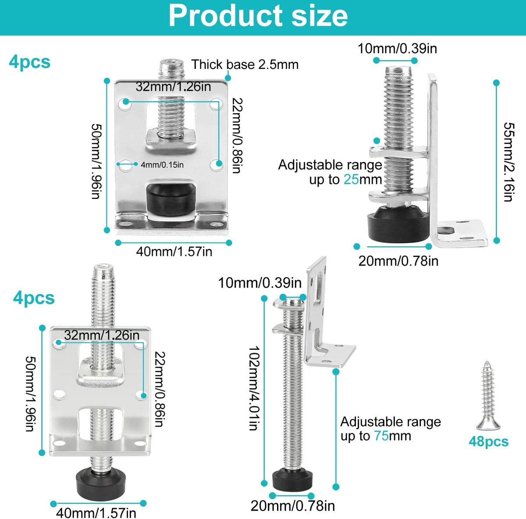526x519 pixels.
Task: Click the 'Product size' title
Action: [x=258, y=16]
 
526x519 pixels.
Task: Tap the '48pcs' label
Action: [x=489, y=442]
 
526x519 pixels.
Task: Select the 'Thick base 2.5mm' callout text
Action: [x=245, y=65]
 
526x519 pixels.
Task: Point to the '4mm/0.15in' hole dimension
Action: [x=162, y=165]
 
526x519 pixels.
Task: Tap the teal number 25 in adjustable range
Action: [x=351, y=180]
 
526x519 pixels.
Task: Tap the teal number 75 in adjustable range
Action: [x=381, y=436]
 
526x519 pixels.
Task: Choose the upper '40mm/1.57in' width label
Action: [x=174, y=252]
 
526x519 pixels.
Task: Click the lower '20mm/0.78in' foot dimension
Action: [x=293, y=506]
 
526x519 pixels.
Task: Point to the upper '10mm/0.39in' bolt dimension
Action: [x=397, y=49]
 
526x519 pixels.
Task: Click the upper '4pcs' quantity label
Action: [x=29, y=63]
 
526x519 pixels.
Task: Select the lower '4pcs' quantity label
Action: [x=34, y=298]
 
